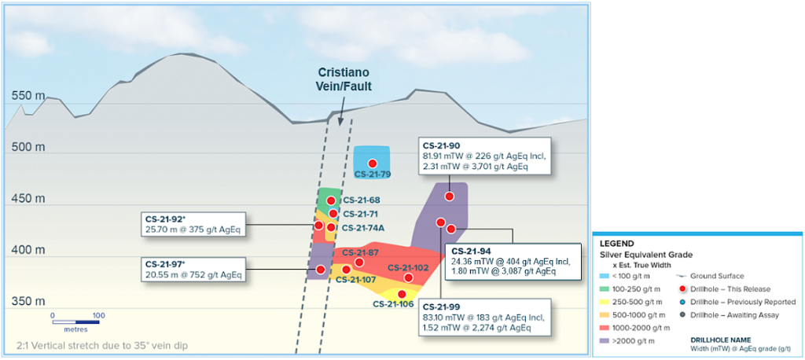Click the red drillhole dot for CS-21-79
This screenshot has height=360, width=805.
click(x=373, y=163)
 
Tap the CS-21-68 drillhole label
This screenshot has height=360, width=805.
click(x=362, y=201)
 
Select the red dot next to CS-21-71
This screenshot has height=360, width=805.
click(x=333, y=213)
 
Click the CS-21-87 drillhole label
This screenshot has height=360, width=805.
click(x=360, y=253)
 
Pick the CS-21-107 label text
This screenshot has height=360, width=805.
click(x=356, y=279)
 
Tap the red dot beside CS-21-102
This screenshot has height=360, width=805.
click(x=408, y=277)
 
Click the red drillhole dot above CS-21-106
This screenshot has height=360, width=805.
click(x=402, y=294)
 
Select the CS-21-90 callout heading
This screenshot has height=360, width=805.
click(x=442, y=145)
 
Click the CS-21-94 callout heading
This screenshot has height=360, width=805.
click(x=470, y=252)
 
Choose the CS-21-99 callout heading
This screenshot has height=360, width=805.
click(x=442, y=307)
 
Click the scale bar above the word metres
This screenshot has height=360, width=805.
click(x=75, y=321)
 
